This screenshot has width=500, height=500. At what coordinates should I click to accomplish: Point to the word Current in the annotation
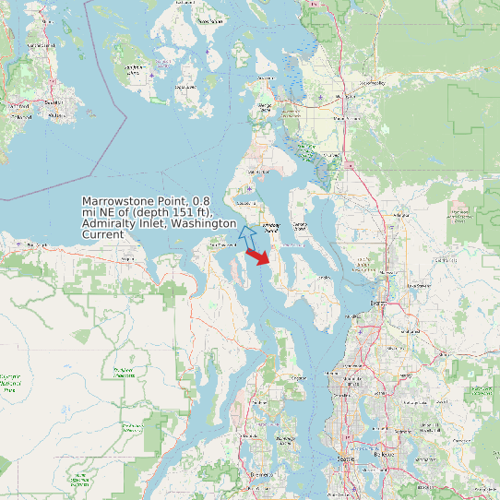point(102,235)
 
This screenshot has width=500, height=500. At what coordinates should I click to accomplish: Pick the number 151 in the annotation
point(171,212)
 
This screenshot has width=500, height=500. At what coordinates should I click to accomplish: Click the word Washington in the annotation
point(205,224)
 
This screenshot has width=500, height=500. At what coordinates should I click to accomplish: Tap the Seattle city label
point(347,458)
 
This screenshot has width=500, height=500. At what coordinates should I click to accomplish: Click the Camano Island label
point(299,224)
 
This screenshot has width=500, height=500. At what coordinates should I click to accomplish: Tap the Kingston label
point(296,377)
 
